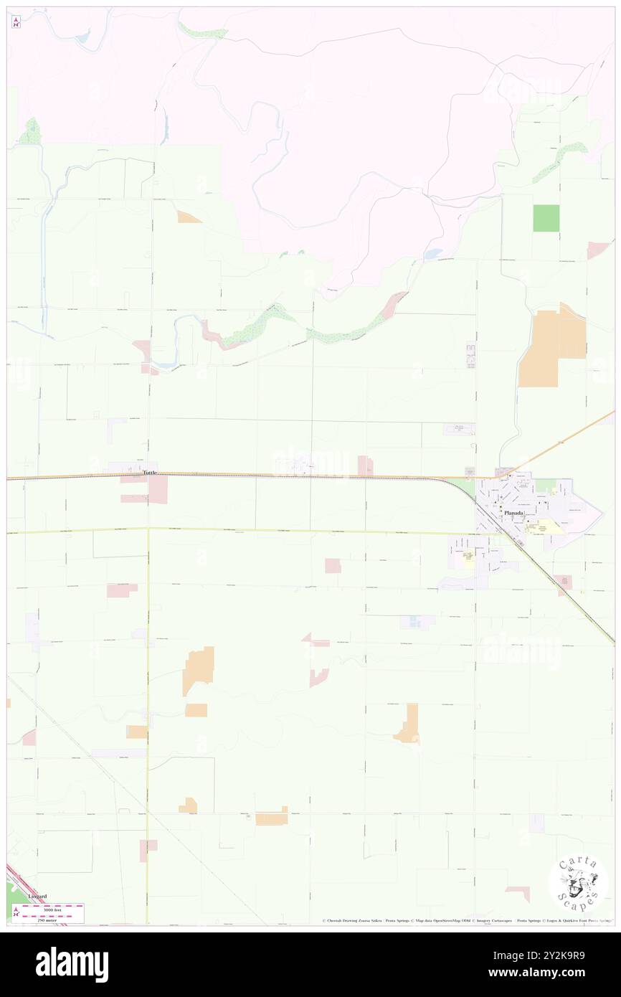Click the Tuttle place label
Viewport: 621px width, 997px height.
tap(148, 473)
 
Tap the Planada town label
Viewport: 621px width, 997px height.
tap(532, 514)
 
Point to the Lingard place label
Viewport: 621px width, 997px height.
tap(37, 896)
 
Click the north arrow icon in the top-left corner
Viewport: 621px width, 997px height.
tap(16, 22)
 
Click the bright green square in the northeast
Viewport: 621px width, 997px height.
tap(546, 218)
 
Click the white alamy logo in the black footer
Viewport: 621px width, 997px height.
tap(72, 965)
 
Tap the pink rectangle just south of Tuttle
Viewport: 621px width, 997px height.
tap(158, 489)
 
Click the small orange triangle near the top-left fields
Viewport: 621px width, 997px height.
tap(189, 217)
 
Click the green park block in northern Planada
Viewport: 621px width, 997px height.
tap(546, 486)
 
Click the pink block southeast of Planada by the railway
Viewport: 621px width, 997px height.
tap(563, 582)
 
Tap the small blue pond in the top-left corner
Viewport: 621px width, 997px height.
tap(82, 36)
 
